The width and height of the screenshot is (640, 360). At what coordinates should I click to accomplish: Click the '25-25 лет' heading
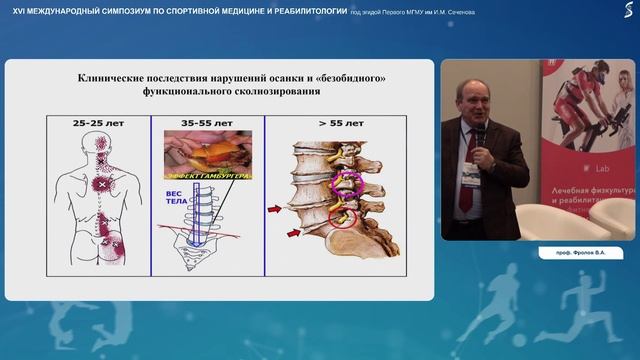click(96, 122)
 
